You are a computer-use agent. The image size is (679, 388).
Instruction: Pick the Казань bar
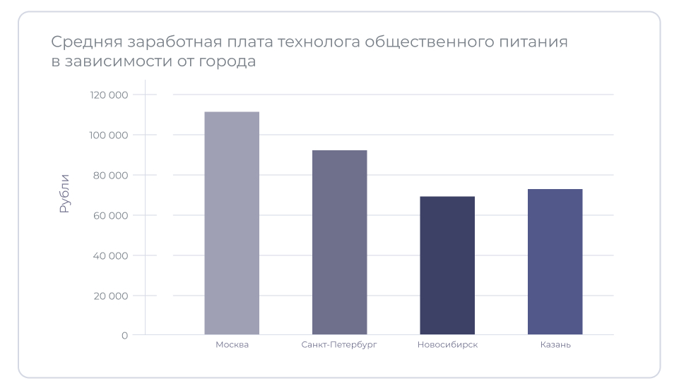[555, 262]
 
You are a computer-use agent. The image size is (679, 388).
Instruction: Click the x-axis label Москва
[232, 345]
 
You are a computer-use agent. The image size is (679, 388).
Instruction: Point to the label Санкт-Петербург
[339, 345]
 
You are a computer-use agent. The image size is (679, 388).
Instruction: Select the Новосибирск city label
[447, 345]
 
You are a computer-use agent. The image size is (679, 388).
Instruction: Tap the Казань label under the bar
[555, 345]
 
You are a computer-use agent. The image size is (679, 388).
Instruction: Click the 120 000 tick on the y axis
[109, 95]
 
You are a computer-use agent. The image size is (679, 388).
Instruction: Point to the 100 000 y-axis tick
[109, 135]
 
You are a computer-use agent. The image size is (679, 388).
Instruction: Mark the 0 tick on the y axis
[124, 336]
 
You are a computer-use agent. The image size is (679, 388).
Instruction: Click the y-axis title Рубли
[65, 193]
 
